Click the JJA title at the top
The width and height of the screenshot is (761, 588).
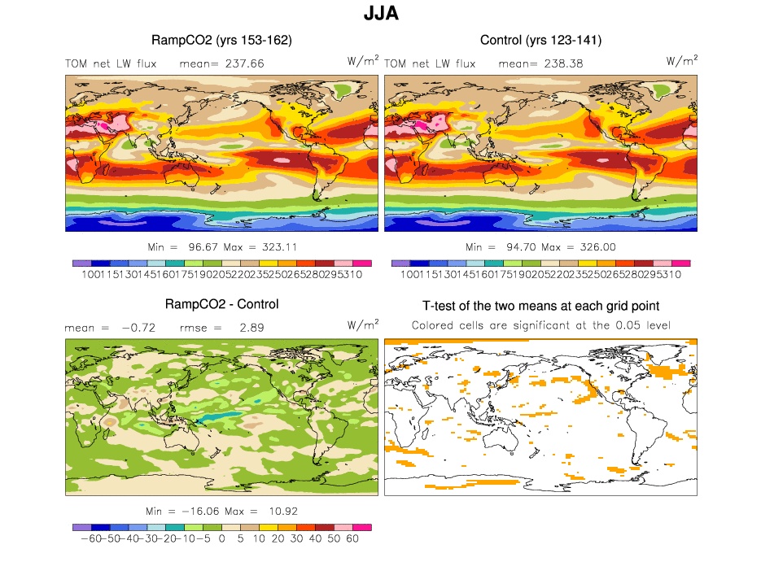381,14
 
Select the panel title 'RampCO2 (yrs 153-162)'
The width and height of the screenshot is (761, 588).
221,40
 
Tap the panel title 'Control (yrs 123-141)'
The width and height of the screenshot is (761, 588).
540,40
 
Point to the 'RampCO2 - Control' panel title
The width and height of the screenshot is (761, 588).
221,304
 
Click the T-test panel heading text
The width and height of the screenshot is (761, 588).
540,306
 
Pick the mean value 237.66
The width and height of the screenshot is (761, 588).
243,63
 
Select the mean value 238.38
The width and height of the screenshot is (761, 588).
562,63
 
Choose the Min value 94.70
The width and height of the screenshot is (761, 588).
510,246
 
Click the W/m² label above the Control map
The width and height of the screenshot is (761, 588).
682,60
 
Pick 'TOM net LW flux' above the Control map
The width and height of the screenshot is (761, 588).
430,63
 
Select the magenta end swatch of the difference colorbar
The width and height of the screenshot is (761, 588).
362,528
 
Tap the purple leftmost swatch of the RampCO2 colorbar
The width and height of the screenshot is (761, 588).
81,264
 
